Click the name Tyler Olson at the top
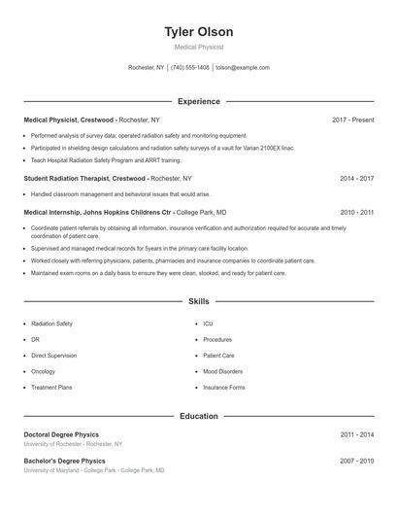(x=198, y=31)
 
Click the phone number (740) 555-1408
(x=191, y=68)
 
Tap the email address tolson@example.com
(x=242, y=68)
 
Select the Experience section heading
(x=198, y=101)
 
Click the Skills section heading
(x=198, y=302)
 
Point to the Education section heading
(x=198, y=416)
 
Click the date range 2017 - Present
(x=352, y=120)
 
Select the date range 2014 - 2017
(x=356, y=179)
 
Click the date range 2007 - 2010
(x=356, y=460)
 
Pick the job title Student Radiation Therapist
(x=70, y=179)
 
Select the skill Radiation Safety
(x=51, y=323)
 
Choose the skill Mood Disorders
(x=222, y=371)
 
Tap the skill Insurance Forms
(x=223, y=388)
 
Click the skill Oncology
(x=43, y=371)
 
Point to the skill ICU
(x=208, y=323)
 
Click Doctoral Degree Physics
(x=61, y=434)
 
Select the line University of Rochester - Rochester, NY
(x=73, y=444)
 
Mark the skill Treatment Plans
(x=51, y=388)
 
